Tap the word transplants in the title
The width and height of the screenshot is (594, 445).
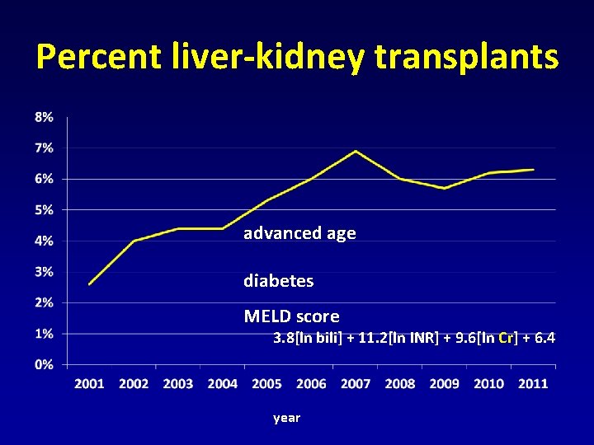coord(466,57)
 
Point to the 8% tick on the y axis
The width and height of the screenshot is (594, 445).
coord(44,117)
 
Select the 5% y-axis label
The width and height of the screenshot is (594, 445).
coord(44,209)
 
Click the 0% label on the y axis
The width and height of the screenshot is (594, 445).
coord(44,364)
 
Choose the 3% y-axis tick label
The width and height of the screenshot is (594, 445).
coord(44,271)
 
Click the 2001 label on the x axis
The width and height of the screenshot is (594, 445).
coord(89,384)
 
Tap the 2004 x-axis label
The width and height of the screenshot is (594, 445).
coord(223,384)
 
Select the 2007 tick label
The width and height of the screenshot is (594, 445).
coord(356,384)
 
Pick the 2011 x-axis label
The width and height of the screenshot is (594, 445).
coord(533,384)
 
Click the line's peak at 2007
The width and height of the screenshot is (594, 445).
coord(356,151)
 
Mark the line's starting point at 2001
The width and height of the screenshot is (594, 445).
coord(89,283)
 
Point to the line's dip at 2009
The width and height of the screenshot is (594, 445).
coord(445,188)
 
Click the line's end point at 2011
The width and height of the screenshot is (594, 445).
coord(534,170)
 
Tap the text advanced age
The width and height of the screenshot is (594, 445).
coord(299,233)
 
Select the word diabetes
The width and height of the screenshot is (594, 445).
coord(278,281)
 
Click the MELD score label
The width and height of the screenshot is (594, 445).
coord(291,316)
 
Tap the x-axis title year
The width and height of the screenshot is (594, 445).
coord(286,419)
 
